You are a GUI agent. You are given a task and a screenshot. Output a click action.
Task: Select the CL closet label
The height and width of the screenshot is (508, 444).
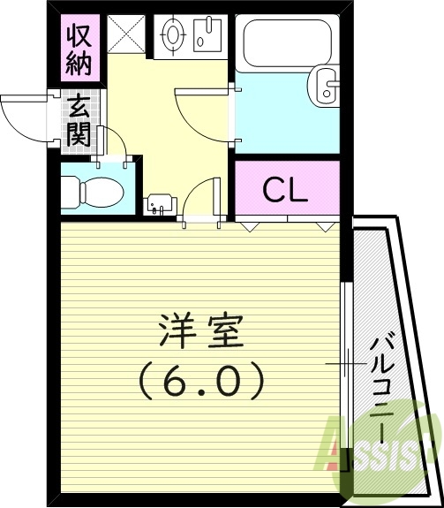pyautogui.click(x=287, y=189)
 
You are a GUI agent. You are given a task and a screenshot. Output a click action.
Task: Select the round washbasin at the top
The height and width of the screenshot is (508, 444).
pyautogui.click(x=173, y=36)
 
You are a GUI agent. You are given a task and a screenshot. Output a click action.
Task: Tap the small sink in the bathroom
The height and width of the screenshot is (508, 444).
pyautogui.click(x=327, y=87)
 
